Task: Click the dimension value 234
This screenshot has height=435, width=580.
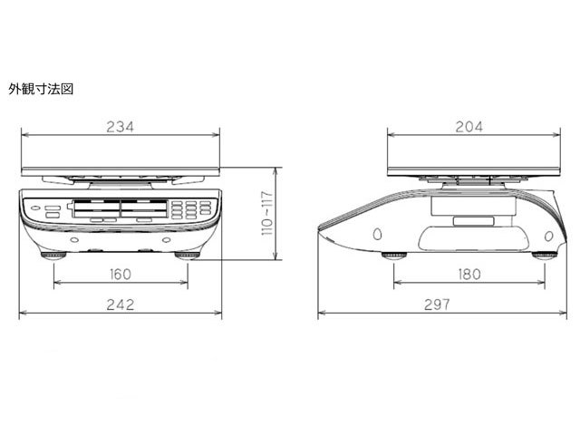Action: (121, 127)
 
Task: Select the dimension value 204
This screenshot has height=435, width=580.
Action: (469, 127)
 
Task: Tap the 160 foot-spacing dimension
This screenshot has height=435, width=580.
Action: (121, 275)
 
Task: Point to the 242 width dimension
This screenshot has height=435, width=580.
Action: (121, 304)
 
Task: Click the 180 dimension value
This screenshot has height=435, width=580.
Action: (469, 275)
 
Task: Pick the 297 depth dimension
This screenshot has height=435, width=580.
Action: (437, 304)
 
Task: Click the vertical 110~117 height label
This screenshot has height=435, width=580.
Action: (266, 214)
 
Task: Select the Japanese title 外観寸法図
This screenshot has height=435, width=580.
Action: (41, 89)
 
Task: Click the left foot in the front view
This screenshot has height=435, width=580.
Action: (53, 256)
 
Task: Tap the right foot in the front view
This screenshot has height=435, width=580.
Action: (188, 256)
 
